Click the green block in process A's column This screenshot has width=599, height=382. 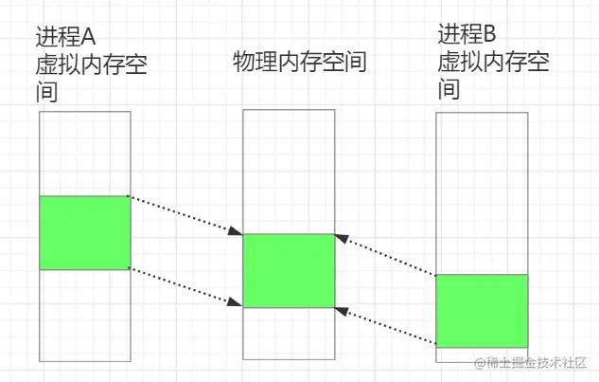84,232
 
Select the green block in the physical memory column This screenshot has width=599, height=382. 289,270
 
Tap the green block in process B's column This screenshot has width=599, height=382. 481,310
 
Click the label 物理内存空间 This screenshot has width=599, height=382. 299,63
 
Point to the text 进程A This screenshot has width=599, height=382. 65,40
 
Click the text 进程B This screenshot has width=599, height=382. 467,35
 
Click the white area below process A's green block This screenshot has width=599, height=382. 84,313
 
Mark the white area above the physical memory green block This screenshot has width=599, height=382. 289,171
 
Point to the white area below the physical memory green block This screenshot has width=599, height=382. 289,332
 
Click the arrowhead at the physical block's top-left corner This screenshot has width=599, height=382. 237,230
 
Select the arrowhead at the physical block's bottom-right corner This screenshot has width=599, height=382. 342,311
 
